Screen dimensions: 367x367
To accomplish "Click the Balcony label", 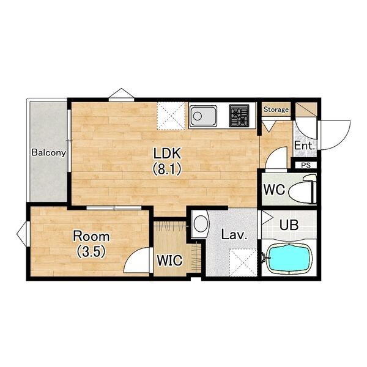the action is pyautogui.click(x=49, y=152).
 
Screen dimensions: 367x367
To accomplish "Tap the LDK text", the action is pyautogui.click(x=167, y=154).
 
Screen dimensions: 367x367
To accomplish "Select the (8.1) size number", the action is pyautogui.click(x=167, y=169).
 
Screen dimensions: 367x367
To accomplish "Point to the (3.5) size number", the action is pyautogui.click(x=91, y=251).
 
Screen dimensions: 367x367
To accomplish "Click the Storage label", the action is pyautogui.click(x=276, y=109).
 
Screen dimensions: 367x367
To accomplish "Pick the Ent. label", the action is pyautogui.click(x=304, y=146).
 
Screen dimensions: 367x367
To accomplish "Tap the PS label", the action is pyautogui.click(x=306, y=165).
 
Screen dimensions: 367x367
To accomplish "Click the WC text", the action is pyautogui.click(x=274, y=190).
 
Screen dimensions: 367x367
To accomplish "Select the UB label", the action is pyautogui.click(x=289, y=225).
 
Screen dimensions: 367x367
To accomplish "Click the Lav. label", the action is pyautogui.click(x=234, y=235).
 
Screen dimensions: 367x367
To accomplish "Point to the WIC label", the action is pyautogui.click(x=169, y=261).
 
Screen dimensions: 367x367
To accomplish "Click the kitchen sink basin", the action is pyautogui.click(x=203, y=116).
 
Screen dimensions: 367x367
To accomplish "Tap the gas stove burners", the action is pyautogui.click(x=239, y=116).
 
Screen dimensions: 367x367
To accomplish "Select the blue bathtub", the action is pyautogui.click(x=289, y=259).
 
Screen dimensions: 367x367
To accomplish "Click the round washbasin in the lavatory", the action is pyautogui.click(x=201, y=224).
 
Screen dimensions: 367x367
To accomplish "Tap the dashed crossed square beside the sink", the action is pyautogui.click(x=171, y=116).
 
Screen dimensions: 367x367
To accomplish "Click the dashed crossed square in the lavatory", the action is pyautogui.click(x=243, y=262).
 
